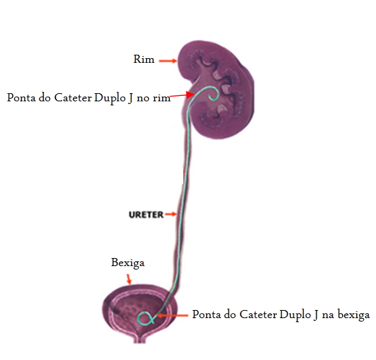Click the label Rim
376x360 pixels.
click(x=144, y=59)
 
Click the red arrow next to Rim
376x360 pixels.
click(x=168, y=61)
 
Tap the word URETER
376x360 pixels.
click(x=146, y=215)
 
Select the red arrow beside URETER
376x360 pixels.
click(x=171, y=214)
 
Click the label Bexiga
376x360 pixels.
click(x=128, y=263)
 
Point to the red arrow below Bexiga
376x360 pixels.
click(x=129, y=279)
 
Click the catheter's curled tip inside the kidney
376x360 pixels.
click(x=214, y=94)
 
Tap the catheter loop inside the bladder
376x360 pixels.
click(x=145, y=319)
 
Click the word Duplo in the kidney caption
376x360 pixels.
click(x=110, y=98)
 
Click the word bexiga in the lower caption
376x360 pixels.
click(x=354, y=315)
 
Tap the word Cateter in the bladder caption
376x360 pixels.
click(x=258, y=315)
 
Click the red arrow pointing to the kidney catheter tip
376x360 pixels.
click(x=182, y=95)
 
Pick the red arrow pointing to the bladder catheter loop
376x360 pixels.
click(x=172, y=315)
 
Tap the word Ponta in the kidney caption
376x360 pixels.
click(x=22, y=98)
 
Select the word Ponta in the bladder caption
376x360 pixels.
click(x=207, y=315)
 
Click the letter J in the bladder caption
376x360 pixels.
click(x=316, y=315)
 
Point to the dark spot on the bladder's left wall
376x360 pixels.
click(x=116, y=311)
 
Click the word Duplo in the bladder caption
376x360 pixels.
click(x=296, y=315)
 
